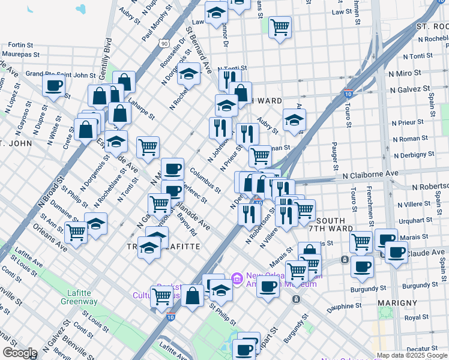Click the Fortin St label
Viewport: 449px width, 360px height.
(20, 45)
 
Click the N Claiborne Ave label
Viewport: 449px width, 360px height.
(370, 173)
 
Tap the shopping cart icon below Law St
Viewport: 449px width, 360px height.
(280, 27)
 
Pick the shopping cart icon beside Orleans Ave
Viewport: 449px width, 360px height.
(76, 232)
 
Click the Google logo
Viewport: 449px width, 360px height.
(20, 353)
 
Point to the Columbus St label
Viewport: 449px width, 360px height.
(206, 180)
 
